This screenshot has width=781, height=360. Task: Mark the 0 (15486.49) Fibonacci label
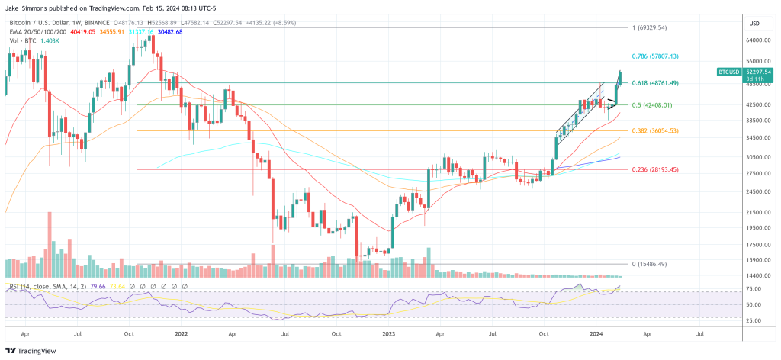coord(650,264)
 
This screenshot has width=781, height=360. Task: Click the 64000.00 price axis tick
coord(756,41)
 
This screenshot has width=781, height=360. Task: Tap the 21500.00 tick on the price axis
coord(756,212)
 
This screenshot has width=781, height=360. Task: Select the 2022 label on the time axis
coord(182,333)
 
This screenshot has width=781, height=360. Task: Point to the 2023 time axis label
coord(390,333)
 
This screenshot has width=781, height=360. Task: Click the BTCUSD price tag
coord(729,72)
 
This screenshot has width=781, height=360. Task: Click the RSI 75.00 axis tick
coord(754,289)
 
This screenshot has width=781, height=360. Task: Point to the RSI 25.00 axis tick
coord(754,320)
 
